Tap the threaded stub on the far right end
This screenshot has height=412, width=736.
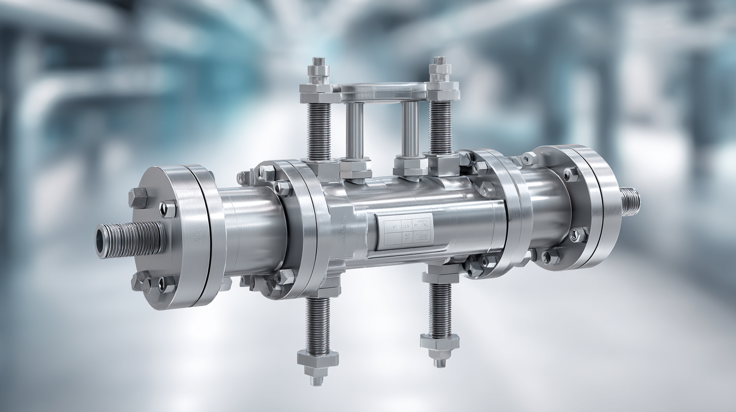pos(630,201)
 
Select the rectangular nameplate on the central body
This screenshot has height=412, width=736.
pos(407,232)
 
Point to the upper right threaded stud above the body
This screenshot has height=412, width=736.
pos(440,127)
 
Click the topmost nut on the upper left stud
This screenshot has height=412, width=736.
pos(318,66)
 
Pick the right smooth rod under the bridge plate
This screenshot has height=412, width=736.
pos(410,129)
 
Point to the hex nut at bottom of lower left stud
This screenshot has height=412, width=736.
pos(317,359)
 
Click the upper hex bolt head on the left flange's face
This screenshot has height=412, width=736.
pos(138,197)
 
